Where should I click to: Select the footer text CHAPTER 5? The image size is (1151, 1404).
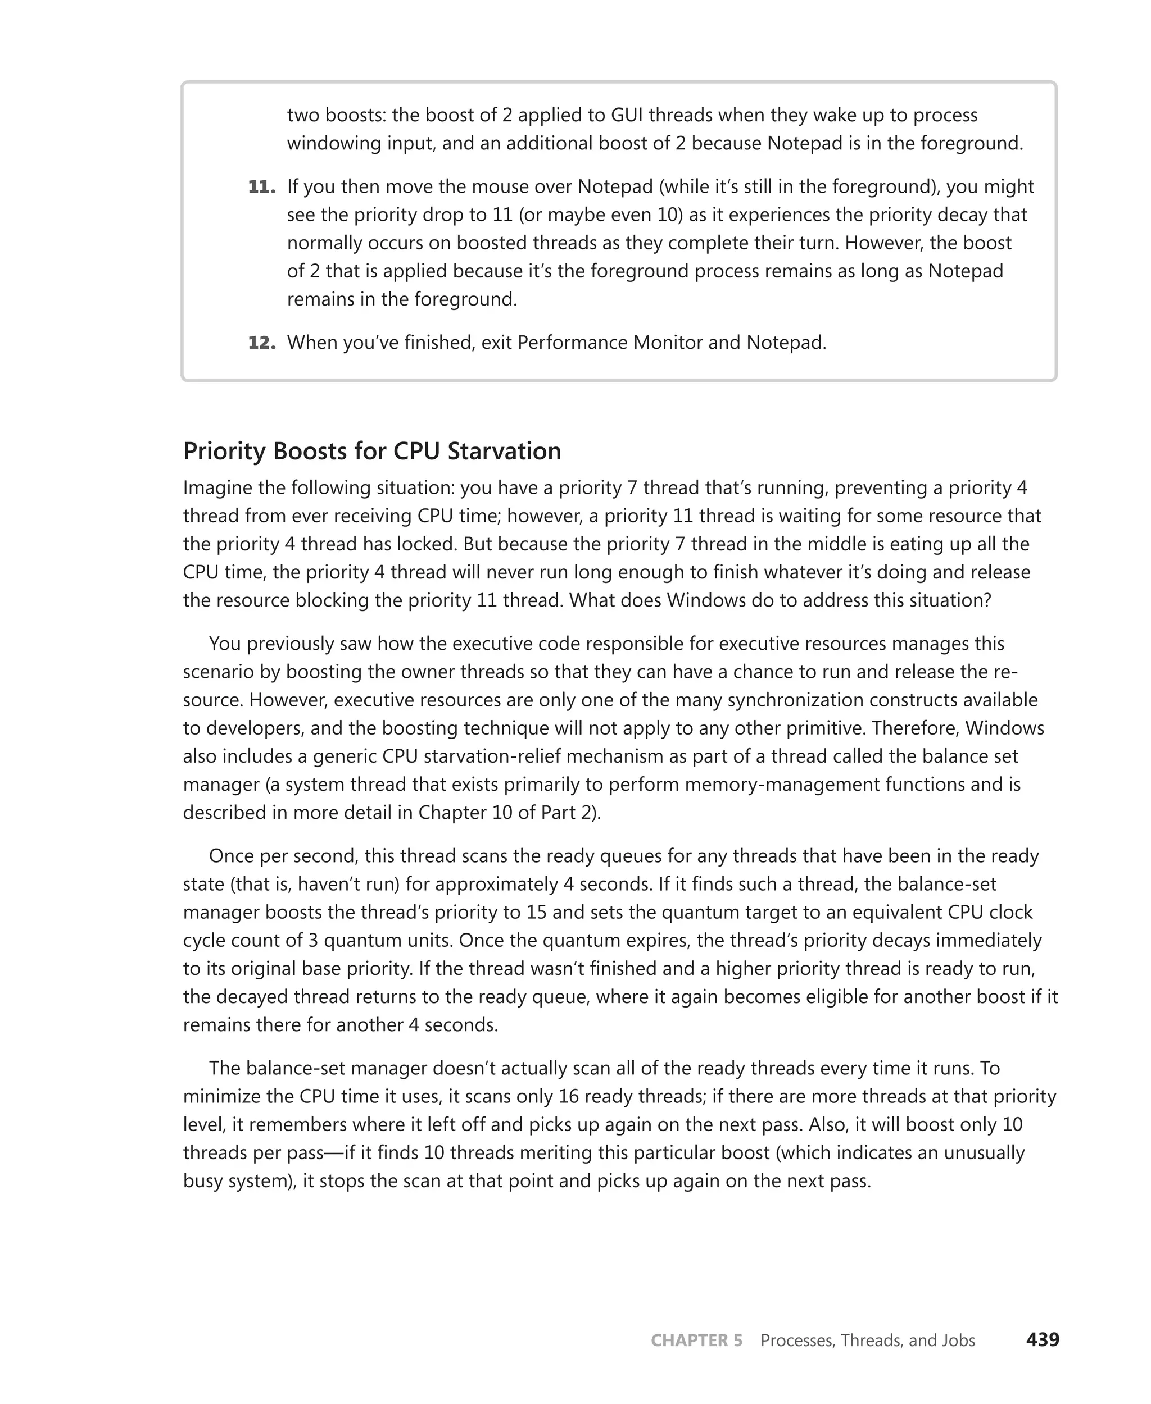click(x=696, y=1340)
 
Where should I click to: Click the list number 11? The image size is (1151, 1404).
click(x=261, y=187)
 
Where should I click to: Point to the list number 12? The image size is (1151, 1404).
click(x=261, y=343)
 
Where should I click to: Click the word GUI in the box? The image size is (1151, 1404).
click(x=627, y=115)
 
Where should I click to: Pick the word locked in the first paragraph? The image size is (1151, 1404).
click(x=427, y=545)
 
